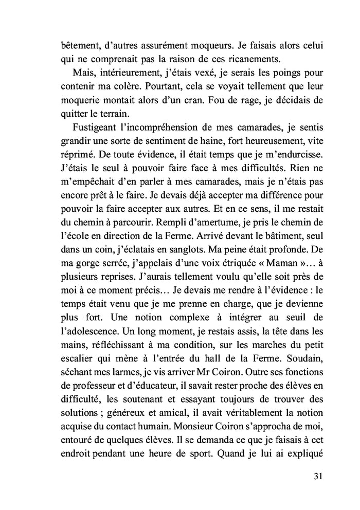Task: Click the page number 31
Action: pos(317,476)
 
